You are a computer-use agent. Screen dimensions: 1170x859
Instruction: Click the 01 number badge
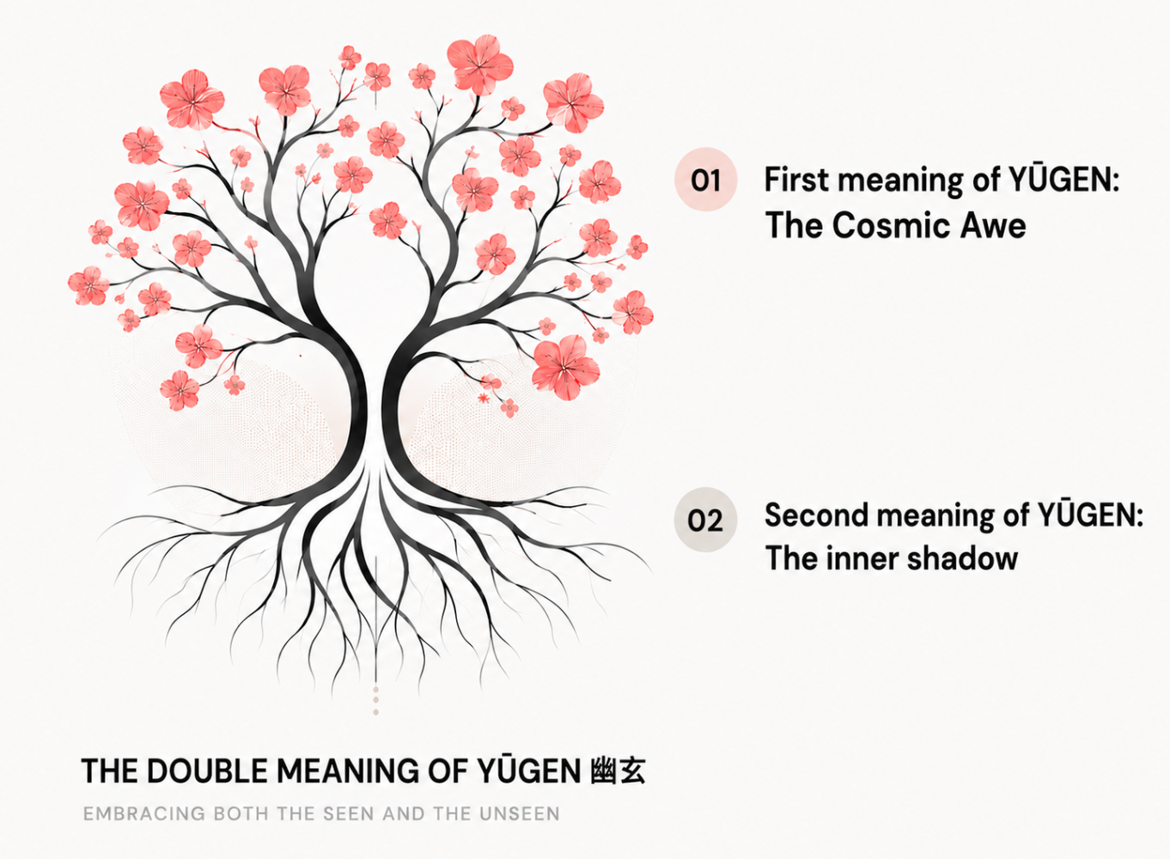tap(705, 180)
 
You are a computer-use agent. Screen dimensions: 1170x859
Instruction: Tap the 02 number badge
tap(705, 520)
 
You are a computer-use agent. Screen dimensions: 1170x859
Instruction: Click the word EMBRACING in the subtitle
tap(144, 813)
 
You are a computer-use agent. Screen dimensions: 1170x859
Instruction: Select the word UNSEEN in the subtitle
tap(520, 813)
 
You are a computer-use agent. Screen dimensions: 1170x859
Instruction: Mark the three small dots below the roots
tap(375, 701)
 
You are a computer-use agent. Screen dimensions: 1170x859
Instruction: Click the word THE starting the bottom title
tap(110, 771)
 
